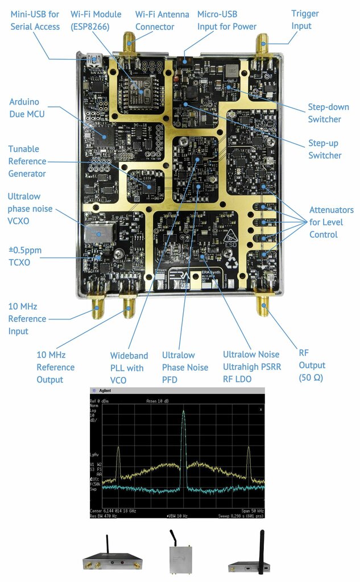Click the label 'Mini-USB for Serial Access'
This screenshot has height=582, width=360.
(35, 20)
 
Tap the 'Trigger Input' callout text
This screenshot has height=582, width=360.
(305, 19)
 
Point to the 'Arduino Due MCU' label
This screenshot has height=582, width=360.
(27, 108)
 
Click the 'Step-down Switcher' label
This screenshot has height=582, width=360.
(329, 113)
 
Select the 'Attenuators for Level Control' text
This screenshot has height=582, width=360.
(331, 222)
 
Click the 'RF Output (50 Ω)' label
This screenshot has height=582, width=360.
(312, 365)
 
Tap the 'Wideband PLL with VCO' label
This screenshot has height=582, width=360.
(129, 368)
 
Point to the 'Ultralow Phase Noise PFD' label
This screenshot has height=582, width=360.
(185, 368)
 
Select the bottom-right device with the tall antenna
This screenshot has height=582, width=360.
(250, 557)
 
